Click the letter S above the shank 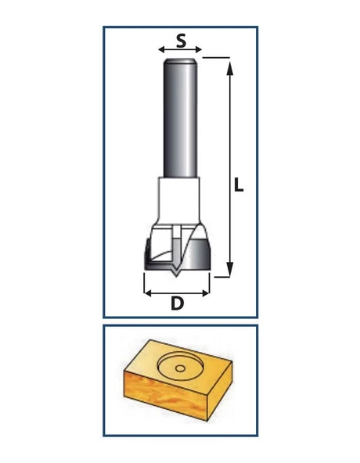point(182,41)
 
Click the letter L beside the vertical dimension point(239,185)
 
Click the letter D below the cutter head point(177,303)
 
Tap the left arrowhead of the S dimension point(162,49)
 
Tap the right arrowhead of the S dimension point(199,49)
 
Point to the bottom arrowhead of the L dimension point(230,269)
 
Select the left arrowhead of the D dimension point(147,293)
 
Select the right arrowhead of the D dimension point(206,293)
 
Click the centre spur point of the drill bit point(176,274)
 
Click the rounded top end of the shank point(180,61)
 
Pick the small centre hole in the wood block point(180,368)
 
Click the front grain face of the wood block point(166,396)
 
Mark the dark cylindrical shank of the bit point(180,118)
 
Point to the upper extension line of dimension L point(216,58)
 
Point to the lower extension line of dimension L point(221,277)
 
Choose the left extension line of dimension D point(144,283)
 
